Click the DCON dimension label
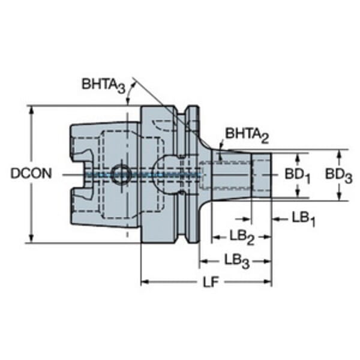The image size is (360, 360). tap(30, 173)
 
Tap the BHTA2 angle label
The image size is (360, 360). tap(247, 133)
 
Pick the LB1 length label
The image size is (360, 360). tap(303, 219)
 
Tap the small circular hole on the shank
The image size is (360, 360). tap(119, 173)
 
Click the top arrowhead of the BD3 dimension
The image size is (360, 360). tap(339, 154)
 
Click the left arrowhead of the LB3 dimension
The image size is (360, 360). tap(203, 260)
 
